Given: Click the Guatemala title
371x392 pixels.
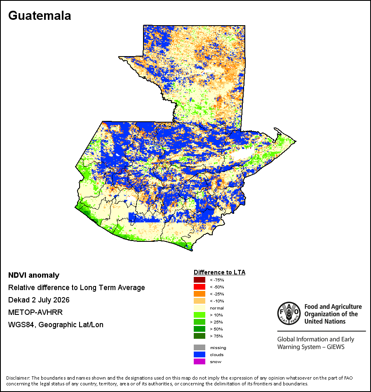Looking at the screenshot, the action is pyautogui.click(x=40, y=16).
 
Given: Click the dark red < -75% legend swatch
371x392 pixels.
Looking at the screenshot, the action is pyautogui.click(x=200, y=280).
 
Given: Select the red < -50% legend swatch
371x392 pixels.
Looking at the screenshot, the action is pyautogui.click(x=200, y=287).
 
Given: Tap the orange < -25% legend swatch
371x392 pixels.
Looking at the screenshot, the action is pyautogui.click(x=200, y=294).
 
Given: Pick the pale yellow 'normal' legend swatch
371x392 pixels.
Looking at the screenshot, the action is pyautogui.click(x=200, y=308).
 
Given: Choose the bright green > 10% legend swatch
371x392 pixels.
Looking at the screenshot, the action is pyautogui.click(x=200, y=315).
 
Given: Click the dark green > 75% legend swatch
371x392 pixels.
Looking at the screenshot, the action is pyautogui.click(x=200, y=336).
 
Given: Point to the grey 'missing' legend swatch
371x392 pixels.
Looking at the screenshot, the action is pyautogui.click(x=200, y=347).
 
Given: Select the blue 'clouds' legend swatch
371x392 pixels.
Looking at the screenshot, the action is pyautogui.click(x=200, y=354).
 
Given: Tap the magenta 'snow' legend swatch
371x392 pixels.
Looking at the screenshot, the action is pyautogui.click(x=200, y=361).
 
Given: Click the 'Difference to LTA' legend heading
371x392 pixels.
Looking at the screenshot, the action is pyautogui.click(x=219, y=272).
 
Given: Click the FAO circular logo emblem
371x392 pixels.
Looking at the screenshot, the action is pyautogui.click(x=289, y=313).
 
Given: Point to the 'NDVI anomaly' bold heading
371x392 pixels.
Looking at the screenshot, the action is pyautogui.click(x=34, y=275).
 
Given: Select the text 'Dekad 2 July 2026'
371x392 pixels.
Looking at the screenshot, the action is pyautogui.click(x=39, y=300).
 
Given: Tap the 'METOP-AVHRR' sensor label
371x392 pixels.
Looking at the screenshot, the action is pyautogui.click(x=35, y=312).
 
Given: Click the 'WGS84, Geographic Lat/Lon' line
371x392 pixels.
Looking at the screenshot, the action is pyautogui.click(x=56, y=325).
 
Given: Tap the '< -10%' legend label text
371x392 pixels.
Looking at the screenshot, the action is pyautogui.click(x=217, y=301).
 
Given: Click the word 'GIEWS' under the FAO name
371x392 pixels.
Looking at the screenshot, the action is pyautogui.click(x=336, y=347).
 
